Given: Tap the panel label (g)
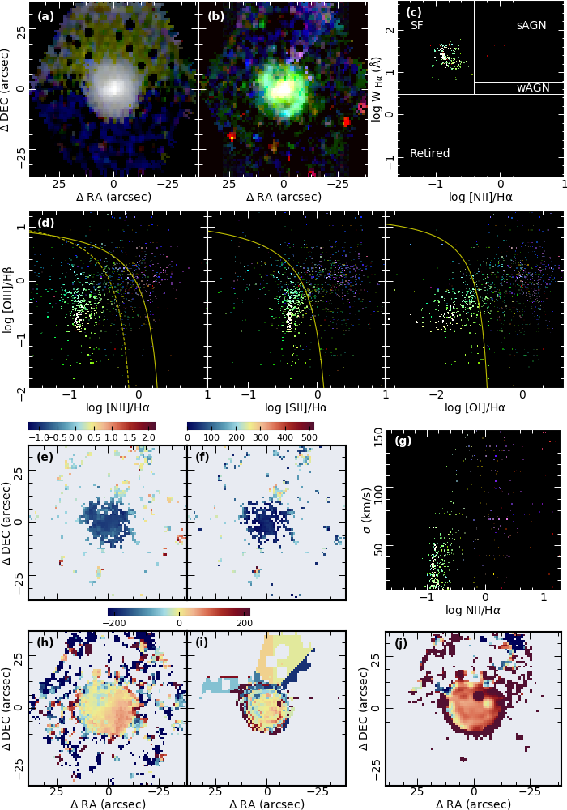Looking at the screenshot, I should pyautogui.click(x=403, y=441).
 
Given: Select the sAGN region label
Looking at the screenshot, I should pyautogui.click(x=531, y=26).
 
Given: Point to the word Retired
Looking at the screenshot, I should pyautogui.click(x=429, y=153).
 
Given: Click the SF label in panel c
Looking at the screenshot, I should pyautogui.click(x=417, y=26).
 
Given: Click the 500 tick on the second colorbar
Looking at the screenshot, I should pyautogui.click(x=308, y=437).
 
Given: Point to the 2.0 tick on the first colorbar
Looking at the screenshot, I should pyautogui.click(x=147, y=437).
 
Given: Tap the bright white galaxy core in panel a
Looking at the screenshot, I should pyautogui.click(x=114, y=86).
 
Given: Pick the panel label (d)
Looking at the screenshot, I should pyautogui.click(x=46, y=223).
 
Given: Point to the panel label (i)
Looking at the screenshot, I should pyautogui.click(x=204, y=644).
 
